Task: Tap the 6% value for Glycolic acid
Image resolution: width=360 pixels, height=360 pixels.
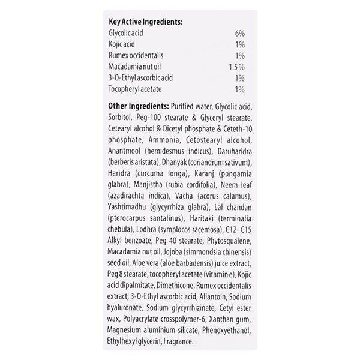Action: pyautogui.click(x=239, y=35)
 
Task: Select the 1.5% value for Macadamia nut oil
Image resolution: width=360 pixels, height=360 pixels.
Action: pyautogui.click(x=237, y=67)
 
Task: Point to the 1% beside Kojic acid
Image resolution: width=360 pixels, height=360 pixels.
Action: pyautogui.click(x=240, y=46)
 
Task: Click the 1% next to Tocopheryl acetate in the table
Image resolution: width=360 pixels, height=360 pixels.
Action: pyautogui.click(x=240, y=89)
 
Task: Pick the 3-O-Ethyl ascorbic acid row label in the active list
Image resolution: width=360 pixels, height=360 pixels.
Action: pyautogui.click(x=141, y=78)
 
